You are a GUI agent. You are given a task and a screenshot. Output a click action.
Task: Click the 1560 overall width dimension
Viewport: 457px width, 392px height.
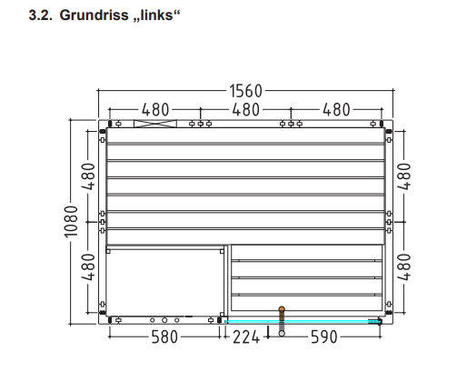click(245, 91)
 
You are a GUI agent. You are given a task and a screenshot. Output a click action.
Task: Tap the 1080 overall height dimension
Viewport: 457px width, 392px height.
click(72, 222)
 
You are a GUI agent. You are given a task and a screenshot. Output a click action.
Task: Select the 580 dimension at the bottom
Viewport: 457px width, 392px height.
click(164, 337)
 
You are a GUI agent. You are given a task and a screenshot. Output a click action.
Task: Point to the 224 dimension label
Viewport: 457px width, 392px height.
click(246, 337)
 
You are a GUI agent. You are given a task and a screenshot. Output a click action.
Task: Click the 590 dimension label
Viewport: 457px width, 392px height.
click(324, 337)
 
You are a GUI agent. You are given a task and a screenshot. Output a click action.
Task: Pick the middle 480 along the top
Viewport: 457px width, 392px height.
click(245, 110)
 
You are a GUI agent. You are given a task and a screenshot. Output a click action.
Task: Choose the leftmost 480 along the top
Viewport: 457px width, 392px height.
click(155, 110)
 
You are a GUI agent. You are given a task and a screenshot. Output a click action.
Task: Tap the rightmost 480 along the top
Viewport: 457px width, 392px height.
click(336, 110)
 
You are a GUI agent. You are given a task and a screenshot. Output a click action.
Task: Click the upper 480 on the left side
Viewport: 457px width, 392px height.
click(89, 176)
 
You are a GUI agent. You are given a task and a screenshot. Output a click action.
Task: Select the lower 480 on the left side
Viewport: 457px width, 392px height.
click(89, 267)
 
